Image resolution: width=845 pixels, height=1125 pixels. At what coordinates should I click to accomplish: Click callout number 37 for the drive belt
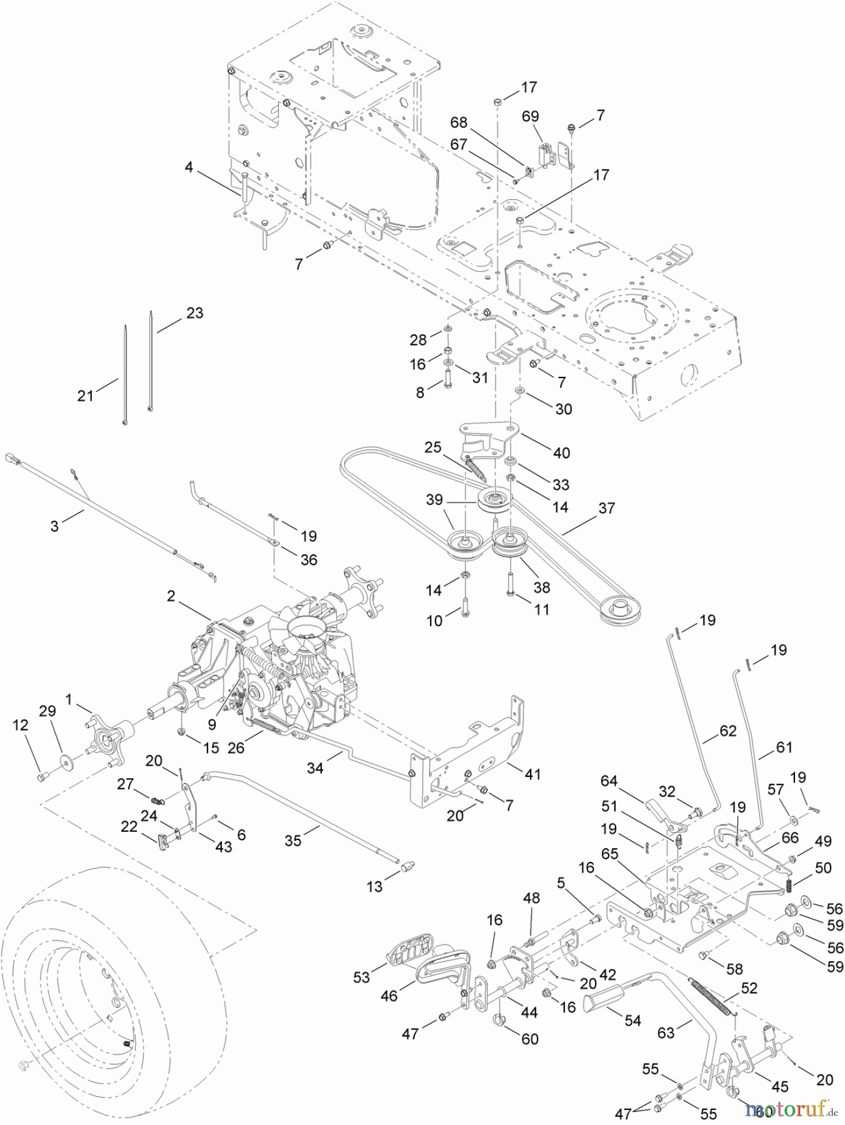(x=606, y=509)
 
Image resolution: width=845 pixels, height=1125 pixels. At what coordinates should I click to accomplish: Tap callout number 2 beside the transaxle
(x=170, y=597)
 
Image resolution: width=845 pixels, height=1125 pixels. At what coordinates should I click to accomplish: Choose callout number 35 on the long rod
(x=292, y=841)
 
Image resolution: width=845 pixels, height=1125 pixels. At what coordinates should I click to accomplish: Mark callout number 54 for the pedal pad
(x=632, y=1020)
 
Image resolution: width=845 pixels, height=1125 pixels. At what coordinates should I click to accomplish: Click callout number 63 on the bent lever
(x=666, y=1032)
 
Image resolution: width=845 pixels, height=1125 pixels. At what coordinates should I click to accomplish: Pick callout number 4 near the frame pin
(x=189, y=167)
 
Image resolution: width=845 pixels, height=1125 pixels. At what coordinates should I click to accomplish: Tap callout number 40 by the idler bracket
(x=561, y=452)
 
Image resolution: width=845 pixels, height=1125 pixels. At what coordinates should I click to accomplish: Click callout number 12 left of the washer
(x=21, y=725)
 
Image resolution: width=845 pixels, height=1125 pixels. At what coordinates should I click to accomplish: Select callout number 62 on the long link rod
(x=728, y=730)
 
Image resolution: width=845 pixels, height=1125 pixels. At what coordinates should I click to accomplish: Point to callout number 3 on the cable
(x=54, y=526)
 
